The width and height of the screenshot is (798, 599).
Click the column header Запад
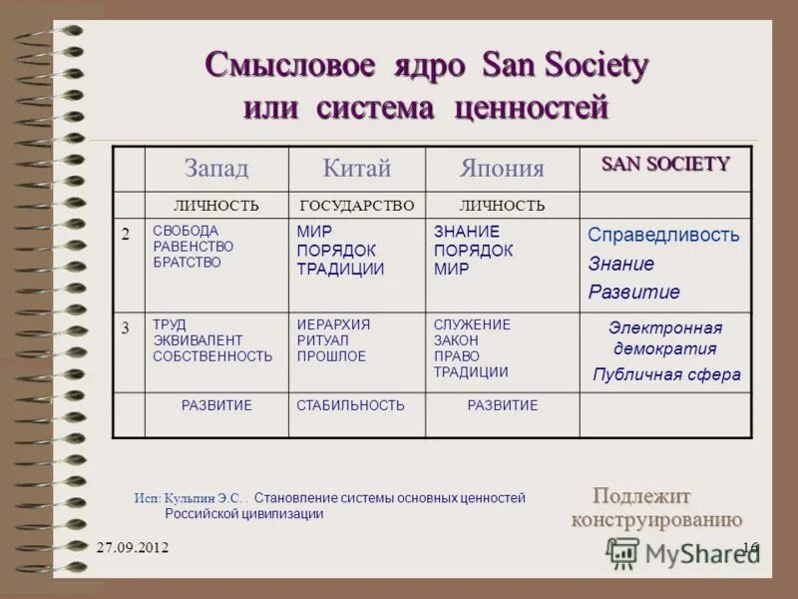point(216,168)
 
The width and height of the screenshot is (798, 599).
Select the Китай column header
point(356,168)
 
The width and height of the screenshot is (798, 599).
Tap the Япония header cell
point(502,169)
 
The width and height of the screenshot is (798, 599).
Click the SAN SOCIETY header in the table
point(665,164)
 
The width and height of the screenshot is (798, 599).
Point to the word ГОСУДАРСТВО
point(356,206)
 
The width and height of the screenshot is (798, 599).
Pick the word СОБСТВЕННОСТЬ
point(212,356)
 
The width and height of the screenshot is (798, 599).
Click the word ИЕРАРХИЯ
point(333,325)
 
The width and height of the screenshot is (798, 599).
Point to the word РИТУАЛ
point(322,340)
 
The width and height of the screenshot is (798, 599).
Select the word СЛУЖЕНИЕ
point(472,325)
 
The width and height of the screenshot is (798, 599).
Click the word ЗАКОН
point(456,340)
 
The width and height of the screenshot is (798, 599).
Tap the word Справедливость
point(663,236)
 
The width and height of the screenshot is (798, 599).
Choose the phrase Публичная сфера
point(666,375)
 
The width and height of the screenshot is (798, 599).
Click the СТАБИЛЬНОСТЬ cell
point(350,405)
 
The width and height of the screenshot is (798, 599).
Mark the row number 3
point(126,327)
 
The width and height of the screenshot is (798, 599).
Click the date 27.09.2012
point(133,548)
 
